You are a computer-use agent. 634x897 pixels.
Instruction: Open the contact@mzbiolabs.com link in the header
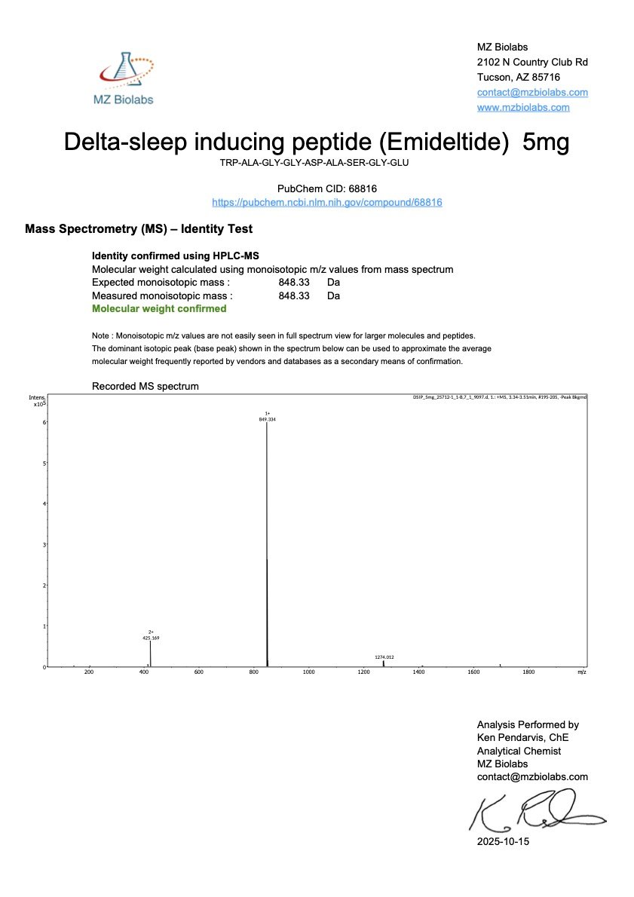(x=532, y=93)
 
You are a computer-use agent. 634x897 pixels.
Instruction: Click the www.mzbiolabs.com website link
(x=523, y=108)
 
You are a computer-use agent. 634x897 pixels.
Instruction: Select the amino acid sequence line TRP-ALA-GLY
(x=317, y=162)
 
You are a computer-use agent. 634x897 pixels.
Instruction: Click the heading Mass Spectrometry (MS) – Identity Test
(x=139, y=228)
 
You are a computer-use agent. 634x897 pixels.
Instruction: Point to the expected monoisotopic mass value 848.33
(x=294, y=282)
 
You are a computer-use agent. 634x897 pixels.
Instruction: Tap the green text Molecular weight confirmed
(x=159, y=308)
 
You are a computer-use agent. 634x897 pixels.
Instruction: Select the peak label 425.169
(x=151, y=638)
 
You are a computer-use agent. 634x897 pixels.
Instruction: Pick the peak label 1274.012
(x=384, y=657)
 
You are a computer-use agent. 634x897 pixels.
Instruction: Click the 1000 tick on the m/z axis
(x=308, y=672)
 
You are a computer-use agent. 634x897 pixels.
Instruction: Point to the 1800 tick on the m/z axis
(x=528, y=672)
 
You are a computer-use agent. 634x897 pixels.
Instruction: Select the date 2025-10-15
(x=503, y=841)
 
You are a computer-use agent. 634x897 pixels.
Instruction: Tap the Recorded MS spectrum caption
(x=145, y=387)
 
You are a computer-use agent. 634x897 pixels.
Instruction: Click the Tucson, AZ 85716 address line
(x=519, y=77)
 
